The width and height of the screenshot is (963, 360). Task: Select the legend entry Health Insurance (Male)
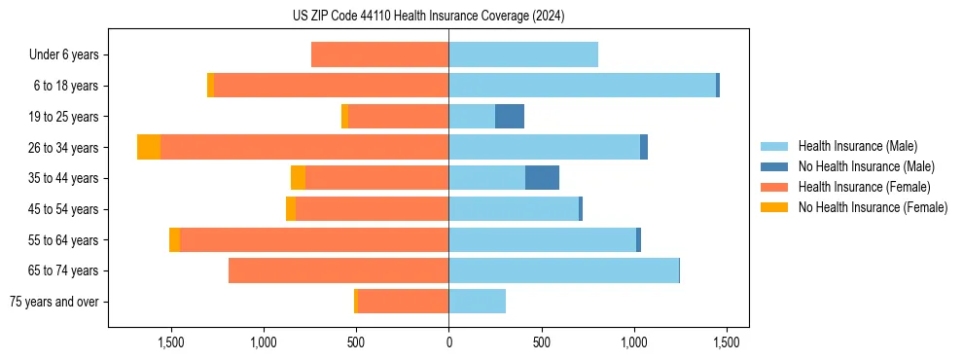[857, 146]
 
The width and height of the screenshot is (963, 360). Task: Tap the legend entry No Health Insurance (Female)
[873, 207]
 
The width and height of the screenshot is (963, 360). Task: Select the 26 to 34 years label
[65, 148]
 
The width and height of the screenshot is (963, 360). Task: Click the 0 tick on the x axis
[448, 342]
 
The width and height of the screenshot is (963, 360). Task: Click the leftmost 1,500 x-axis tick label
[170, 342]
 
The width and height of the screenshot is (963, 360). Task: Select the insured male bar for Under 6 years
[523, 55]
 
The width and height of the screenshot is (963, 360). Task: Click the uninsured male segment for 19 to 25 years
[510, 117]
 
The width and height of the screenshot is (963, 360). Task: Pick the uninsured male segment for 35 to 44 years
[542, 178]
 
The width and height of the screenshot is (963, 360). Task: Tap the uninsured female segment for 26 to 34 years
[149, 147]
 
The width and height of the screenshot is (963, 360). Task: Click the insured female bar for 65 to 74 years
[339, 270]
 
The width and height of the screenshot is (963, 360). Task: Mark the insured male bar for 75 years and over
[477, 302]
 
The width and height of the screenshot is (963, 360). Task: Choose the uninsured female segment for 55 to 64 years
[174, 239]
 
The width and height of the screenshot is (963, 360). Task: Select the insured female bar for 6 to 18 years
[331, 86]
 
